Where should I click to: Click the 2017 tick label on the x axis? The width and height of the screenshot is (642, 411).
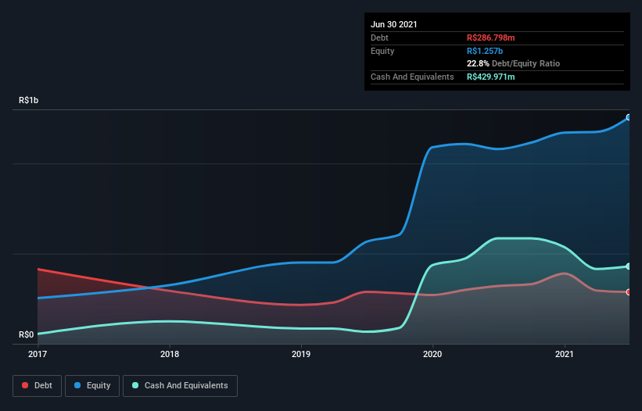click(x=38, y=354)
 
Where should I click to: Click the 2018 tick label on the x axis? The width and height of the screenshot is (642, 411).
click(x=170, y=354)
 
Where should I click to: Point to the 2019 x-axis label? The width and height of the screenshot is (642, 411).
click(x=301, y=354)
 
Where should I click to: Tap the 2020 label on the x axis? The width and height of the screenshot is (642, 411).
click(x=432, y=354)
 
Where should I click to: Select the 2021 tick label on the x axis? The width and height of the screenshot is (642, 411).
click(x=565, y=354)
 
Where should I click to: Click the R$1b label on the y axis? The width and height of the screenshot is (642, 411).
click(x=29, y=101)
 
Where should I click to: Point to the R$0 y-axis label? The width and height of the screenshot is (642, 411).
click(x=27, y=335)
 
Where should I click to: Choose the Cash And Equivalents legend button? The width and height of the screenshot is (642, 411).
click(x=180, y=385)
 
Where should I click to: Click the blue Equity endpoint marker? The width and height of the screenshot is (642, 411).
click(x=628, y=117)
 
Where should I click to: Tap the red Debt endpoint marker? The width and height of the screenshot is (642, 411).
click(x=628, y=292)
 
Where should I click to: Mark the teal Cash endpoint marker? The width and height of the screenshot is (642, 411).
click(x=628, y=266)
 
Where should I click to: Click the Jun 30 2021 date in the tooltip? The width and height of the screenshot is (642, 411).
click(x=394, y=24)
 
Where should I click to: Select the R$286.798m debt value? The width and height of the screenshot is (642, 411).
click(x=491, y=38)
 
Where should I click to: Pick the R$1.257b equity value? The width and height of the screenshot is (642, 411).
click(x=484, y=51)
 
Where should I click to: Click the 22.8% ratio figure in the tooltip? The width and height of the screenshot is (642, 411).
click(x=478, y=64)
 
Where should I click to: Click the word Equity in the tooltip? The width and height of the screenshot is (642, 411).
click(x=382, y=51)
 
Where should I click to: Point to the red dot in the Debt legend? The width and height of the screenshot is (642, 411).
click(x=26, y=385)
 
